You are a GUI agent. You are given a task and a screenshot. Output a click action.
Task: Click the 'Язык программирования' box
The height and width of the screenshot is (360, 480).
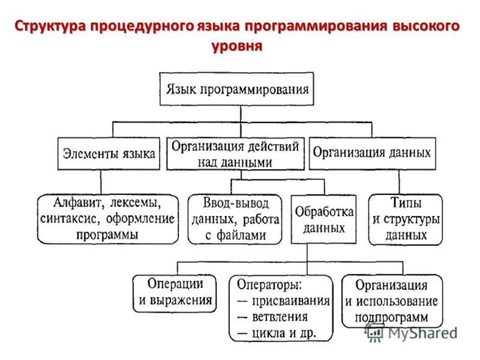point(236,89)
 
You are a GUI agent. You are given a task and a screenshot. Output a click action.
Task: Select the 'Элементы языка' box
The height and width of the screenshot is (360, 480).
point(109,154)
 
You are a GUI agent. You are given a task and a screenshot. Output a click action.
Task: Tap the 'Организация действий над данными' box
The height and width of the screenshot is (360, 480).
point(235,154)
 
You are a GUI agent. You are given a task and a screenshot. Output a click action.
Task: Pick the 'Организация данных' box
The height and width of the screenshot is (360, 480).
point(372,154)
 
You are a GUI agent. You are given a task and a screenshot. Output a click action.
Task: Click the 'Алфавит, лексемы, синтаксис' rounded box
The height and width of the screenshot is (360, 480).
point(108,219)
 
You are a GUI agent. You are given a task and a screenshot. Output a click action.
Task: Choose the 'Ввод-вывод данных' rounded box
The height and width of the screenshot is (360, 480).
point(235,219)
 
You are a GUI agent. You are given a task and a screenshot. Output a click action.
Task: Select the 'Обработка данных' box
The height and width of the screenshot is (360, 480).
point(323,219)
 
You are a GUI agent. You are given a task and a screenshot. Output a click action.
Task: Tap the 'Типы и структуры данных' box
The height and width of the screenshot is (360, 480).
point(406,220)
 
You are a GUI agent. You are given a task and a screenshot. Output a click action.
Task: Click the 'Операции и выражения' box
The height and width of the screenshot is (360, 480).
point(175,293)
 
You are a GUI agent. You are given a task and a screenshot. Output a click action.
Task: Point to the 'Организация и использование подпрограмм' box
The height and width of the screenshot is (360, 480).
point(392,301)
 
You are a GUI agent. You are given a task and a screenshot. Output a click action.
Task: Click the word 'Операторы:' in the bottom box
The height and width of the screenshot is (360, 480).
point(269,284)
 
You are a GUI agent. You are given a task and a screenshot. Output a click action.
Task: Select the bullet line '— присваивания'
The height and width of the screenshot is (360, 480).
point(283,301)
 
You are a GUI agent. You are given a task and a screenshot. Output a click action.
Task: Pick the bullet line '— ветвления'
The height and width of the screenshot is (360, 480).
point(272,317)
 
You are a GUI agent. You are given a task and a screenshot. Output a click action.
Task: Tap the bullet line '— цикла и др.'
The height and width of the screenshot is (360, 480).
point(277,333)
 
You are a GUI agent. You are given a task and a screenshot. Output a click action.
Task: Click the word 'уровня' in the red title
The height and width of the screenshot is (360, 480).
point(237,47)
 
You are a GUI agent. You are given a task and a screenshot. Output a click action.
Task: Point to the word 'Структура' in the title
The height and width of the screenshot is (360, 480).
point(51,26)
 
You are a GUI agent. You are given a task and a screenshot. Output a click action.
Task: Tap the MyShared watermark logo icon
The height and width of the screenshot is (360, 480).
point(374,332)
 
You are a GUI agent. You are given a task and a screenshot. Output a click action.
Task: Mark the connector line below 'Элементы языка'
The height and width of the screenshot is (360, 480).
point(101,182)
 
